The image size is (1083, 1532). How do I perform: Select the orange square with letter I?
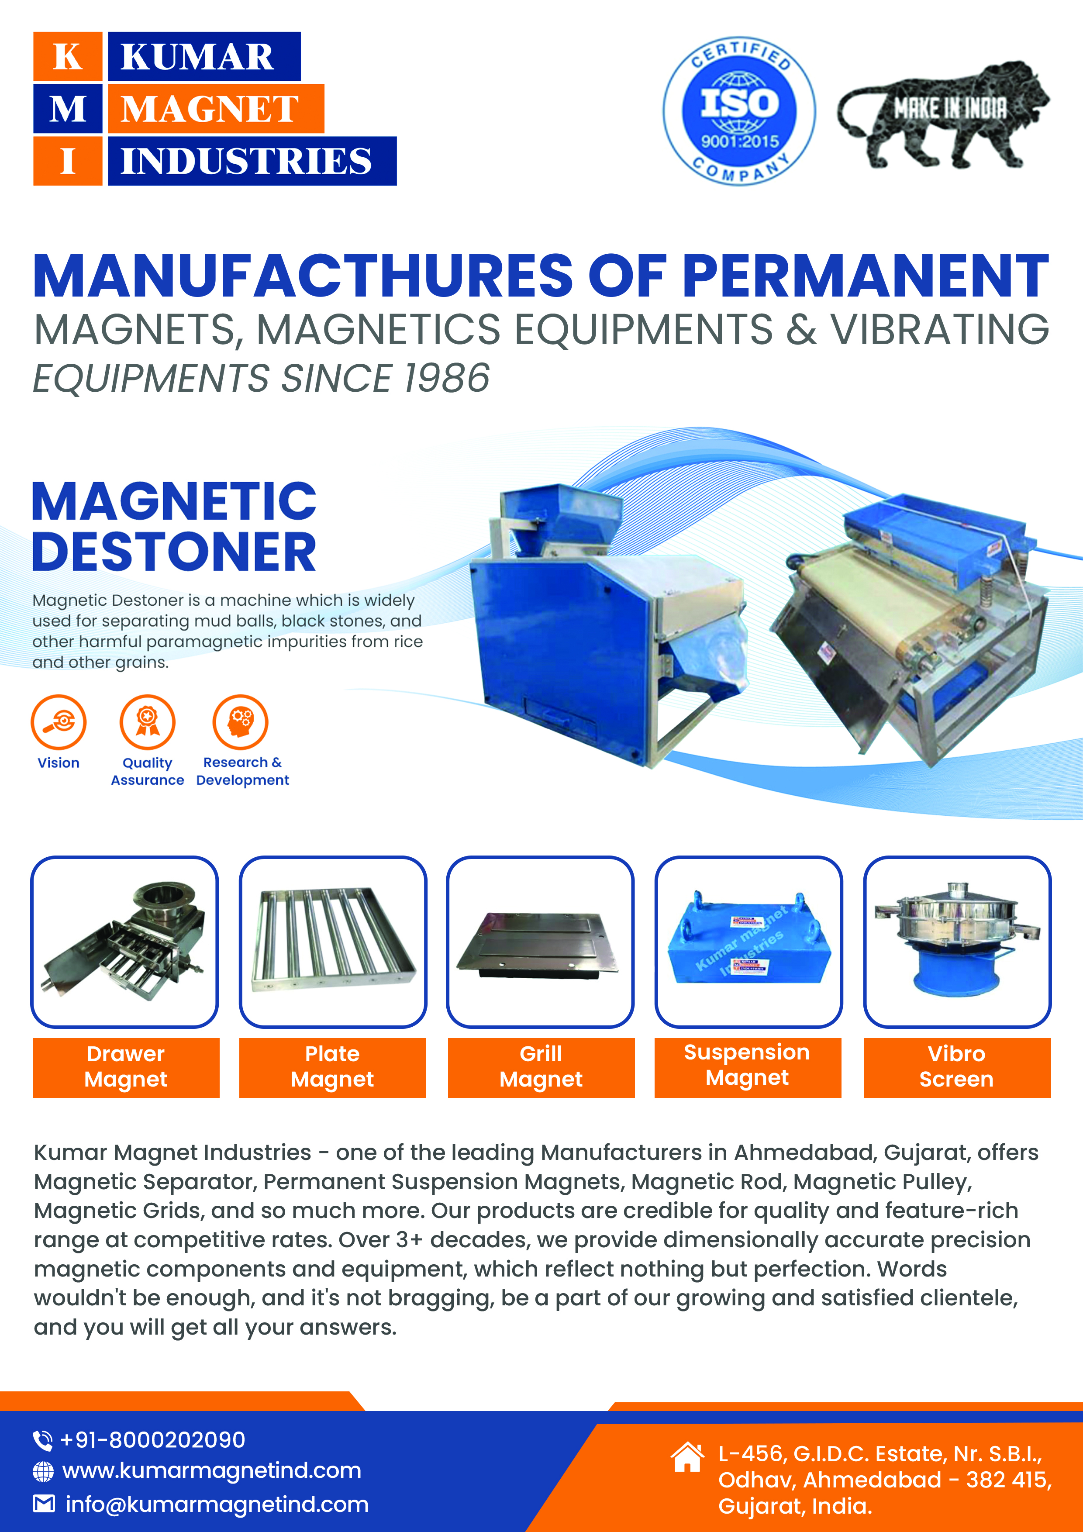point(67,161)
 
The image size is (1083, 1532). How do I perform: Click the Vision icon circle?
point(59,722)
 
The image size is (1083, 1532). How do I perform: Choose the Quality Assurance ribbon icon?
point(148,722)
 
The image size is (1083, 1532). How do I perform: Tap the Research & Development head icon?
point(240,722)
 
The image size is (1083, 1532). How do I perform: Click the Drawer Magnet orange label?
point(126,1067)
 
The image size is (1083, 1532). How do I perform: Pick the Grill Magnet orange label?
point(541,1067)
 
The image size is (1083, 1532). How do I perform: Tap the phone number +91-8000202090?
point(153,1439)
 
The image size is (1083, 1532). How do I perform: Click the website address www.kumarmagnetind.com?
point(211,1470)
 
